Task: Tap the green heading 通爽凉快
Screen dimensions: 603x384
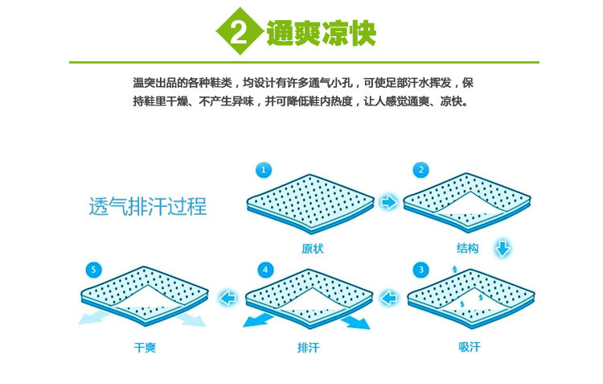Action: (x=321, y=32)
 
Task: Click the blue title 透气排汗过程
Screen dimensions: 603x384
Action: (x=147, y=207)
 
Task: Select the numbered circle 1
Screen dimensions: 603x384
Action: (x=263, y=170)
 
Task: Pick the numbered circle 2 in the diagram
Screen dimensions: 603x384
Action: (x=420, y=170)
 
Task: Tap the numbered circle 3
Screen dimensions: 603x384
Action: (x=420, y=269)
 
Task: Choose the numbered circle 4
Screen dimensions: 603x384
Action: (x=265, y=269)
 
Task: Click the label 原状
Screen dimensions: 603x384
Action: (x=313, y=249)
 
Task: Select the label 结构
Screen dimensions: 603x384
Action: (x=467, y=249)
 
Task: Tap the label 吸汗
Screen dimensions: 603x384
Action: (x=469, y=348)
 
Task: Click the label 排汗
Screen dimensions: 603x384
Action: (x=310, y=348)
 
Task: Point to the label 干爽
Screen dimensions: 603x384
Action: (x=145, y=348)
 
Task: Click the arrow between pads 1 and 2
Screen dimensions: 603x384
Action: (x=389, y=202)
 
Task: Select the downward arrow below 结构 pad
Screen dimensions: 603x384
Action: (x=503, y=247)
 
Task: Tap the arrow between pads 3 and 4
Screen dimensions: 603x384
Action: (x=389, y=298)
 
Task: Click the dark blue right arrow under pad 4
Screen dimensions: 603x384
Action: (x=355, y=323)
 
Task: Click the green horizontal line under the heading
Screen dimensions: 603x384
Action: (x=304, y=62)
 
